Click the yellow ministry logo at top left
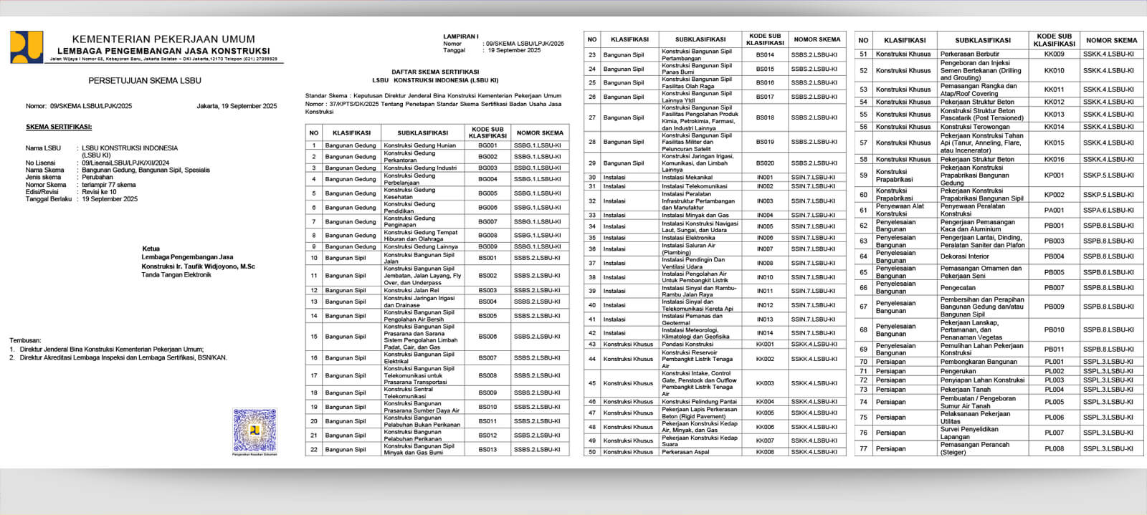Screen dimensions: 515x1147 (27, 47)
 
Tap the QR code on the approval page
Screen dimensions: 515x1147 (254, 430)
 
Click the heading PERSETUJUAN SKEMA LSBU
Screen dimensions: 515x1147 (145, 81)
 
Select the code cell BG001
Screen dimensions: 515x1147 (487, 145)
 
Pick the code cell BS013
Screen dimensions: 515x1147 (487, 450)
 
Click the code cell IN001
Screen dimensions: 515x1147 (765, 177)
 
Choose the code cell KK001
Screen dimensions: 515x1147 (765, 345)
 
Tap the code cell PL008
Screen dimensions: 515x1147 (1054, 448)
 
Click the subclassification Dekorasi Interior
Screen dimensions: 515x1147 (965, 256)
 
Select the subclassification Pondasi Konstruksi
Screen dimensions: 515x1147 (687, 345)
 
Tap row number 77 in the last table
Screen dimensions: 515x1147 (863, 448)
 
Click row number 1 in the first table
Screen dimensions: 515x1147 (313, 145)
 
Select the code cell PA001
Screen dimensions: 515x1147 (1054, 211)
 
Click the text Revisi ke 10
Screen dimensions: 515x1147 (99, 192)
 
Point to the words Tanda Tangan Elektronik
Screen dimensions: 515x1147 (176, 274)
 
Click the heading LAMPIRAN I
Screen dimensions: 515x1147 (460, 36)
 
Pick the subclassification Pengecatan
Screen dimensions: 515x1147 (958, 288)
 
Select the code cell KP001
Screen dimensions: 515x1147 (1054, 175)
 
